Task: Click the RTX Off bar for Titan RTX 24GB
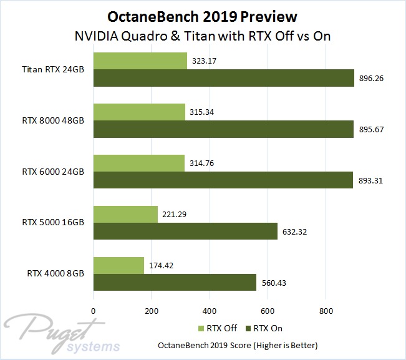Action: pos(140,61)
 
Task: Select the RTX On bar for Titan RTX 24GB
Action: pos(223,77)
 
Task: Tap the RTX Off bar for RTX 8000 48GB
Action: pos(139,112)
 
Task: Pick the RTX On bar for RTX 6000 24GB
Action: pos(223,180)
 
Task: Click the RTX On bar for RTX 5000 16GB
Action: pos(185,231)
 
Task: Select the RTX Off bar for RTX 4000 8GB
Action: pos(118,265)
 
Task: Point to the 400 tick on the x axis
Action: pos(210,310)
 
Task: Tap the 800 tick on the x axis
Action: pos(326,310)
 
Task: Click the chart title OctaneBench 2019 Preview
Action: pos(203,15)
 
